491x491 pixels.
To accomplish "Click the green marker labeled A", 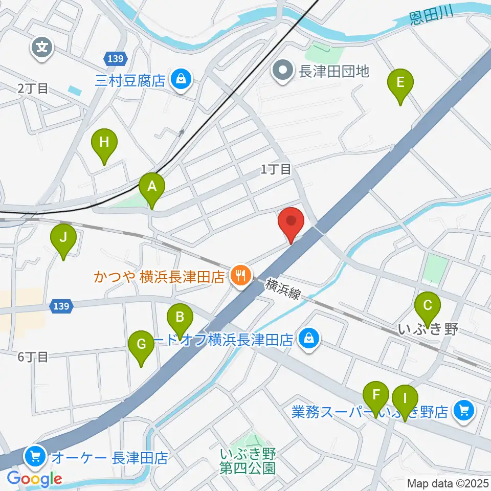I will [152, 187].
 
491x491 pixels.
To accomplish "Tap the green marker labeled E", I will [400, 83].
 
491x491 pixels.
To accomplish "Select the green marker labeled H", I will [104, 143].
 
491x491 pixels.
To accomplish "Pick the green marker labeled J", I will [63, 238].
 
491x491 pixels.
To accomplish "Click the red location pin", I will [291, 222].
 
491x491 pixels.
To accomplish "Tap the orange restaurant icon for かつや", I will [239, 277].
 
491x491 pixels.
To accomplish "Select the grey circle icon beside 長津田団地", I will [282, 71].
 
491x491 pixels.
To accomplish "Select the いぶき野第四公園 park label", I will [248, 460].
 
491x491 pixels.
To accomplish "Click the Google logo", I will [34, 479].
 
